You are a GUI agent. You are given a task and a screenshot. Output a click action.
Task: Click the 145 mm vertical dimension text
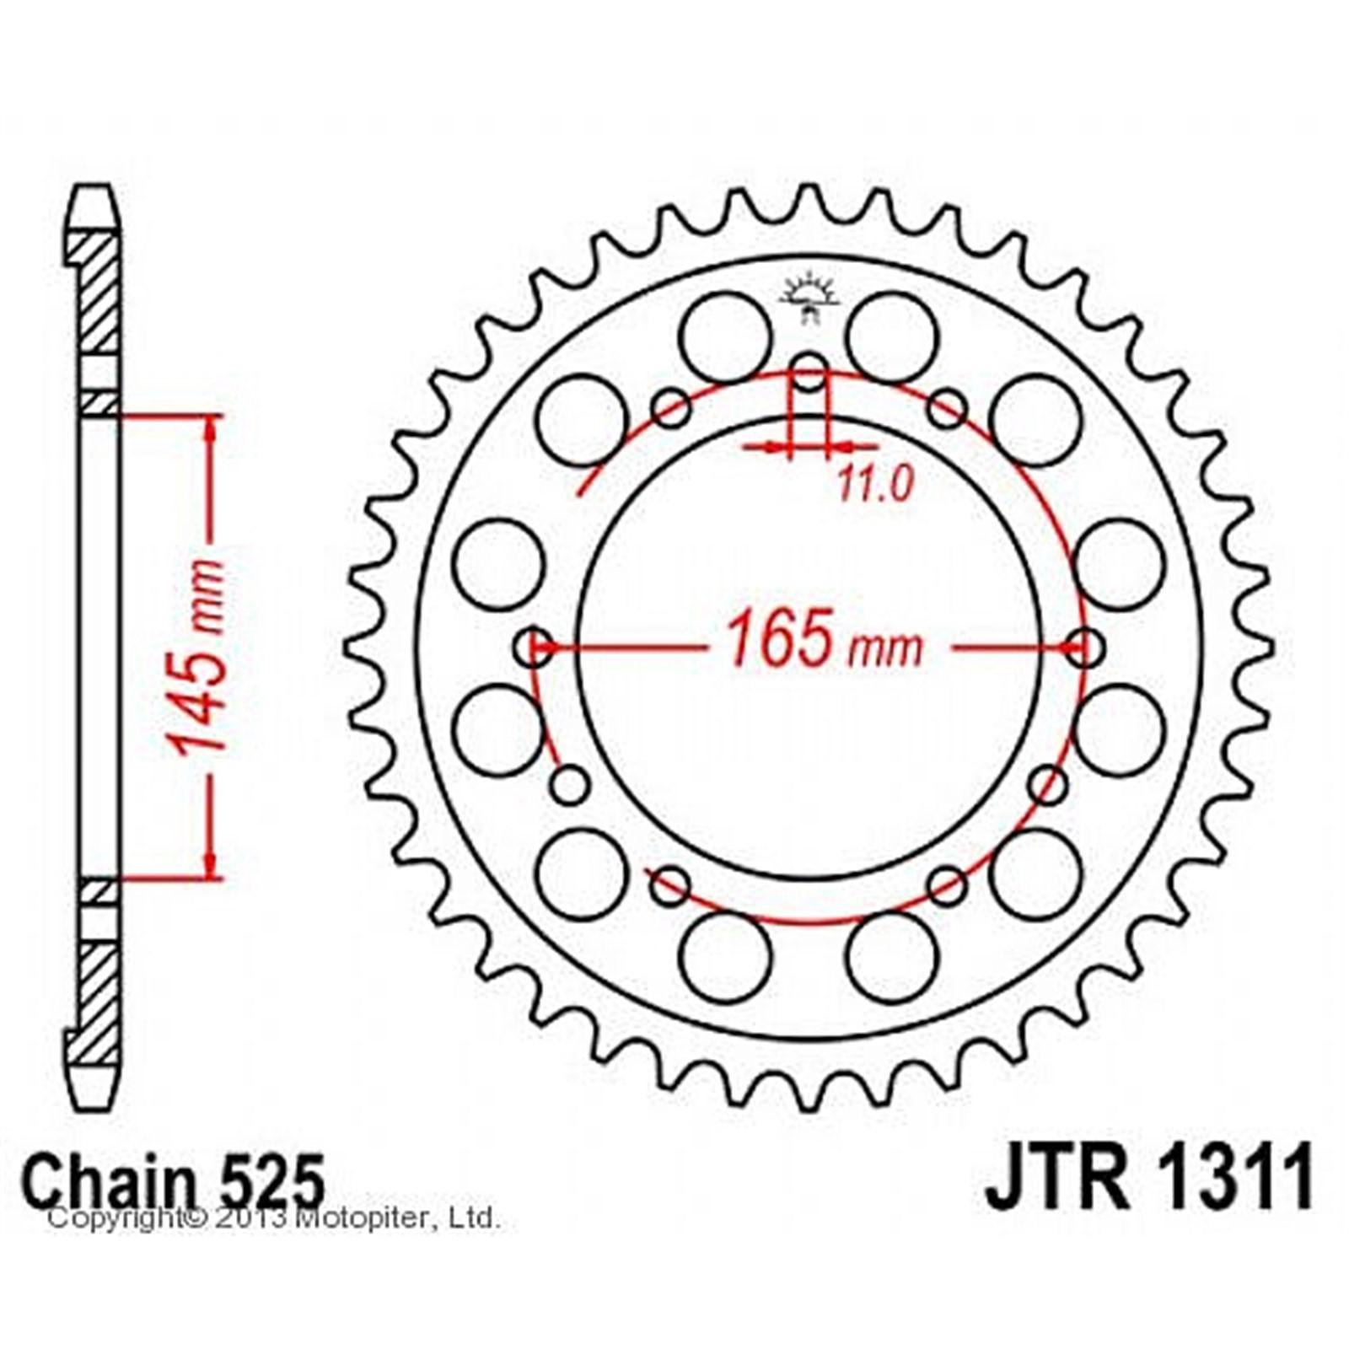click(x=196, y=655)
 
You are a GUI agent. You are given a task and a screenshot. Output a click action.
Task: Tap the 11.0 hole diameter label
click(x=876, y=485)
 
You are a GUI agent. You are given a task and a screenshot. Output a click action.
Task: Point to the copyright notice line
click(x=274, y=1218)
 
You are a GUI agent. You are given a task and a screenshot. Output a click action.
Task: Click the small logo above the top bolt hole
click(x=809, y=298)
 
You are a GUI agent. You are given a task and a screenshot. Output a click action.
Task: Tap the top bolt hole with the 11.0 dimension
click(x=809, y=374)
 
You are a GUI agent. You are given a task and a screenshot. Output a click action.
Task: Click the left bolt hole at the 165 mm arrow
click(x=532, y=648)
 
